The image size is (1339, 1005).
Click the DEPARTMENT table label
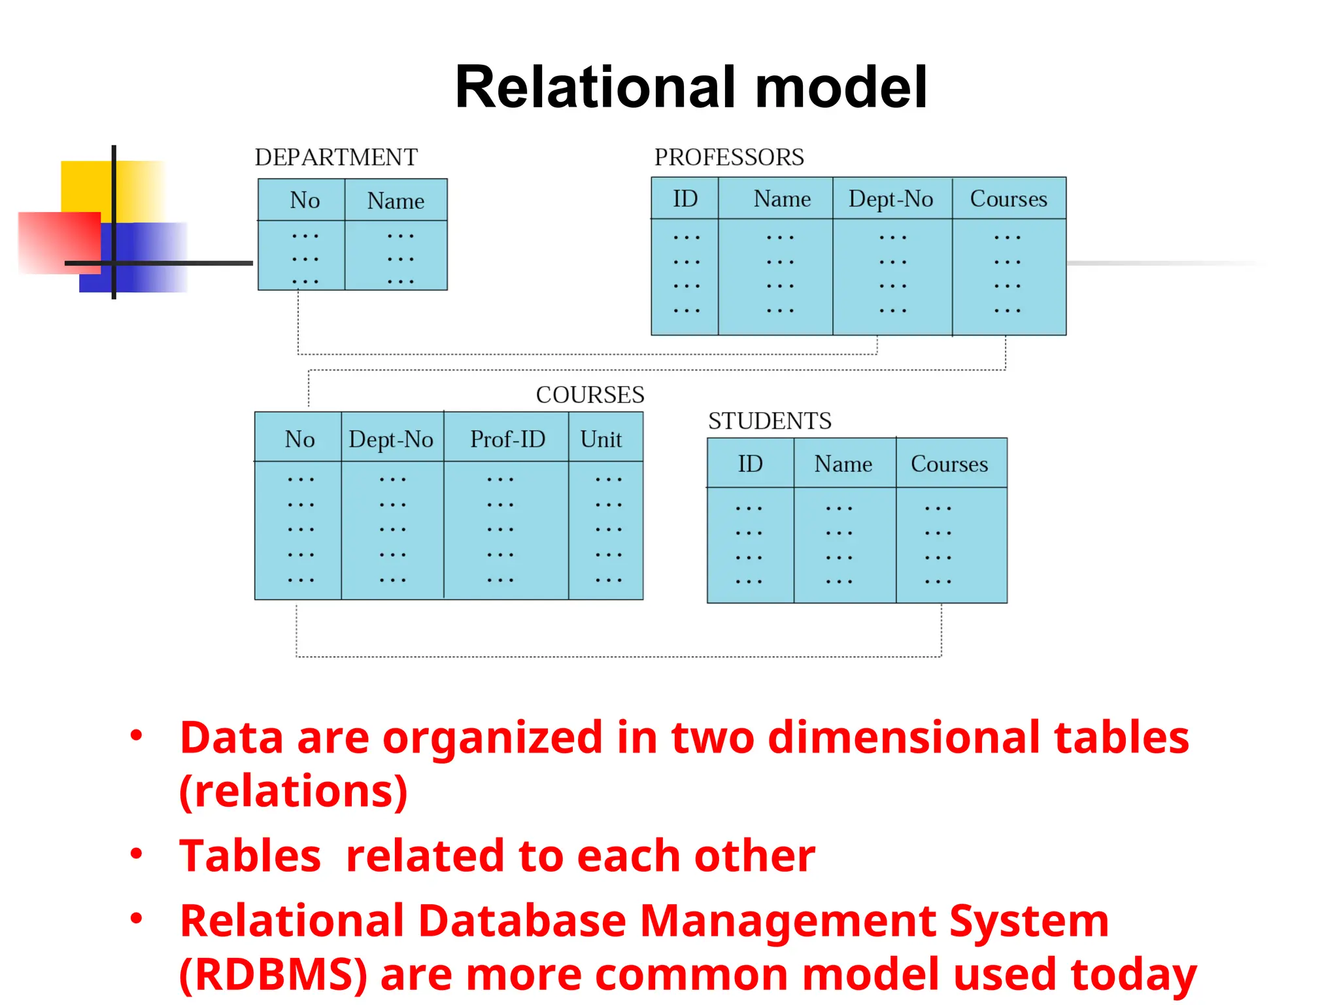click(336, 158)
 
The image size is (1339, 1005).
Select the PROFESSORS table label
click(729, 158)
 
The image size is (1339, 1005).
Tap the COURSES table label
click(590, 395)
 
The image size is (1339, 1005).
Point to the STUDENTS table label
click(770, 421)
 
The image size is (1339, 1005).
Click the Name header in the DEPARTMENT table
click(396, 201)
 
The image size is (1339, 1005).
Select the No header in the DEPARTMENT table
click(305, 200)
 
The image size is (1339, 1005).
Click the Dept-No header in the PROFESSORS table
click(890, 199)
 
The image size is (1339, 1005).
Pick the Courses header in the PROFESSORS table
click(1008, 199)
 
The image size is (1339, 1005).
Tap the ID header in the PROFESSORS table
click(685, 199)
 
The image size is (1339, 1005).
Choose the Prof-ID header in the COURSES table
click(507, 439)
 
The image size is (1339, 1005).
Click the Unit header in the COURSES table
click(601, 439)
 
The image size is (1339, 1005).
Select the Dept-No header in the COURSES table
click(391, 439)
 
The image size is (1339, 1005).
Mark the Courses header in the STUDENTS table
click(949, 464)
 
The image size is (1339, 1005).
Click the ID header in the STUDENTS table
click(750, 464)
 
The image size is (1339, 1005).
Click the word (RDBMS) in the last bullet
click(273, 974)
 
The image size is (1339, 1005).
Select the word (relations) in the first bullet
click(294, 791)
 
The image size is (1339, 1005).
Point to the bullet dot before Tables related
click(136, 853)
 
